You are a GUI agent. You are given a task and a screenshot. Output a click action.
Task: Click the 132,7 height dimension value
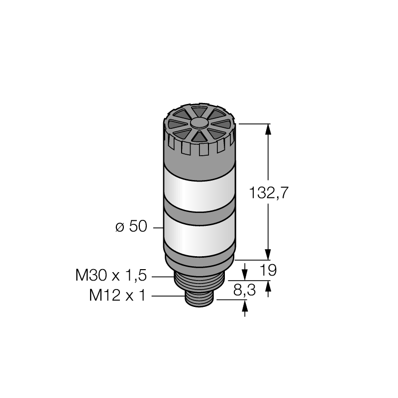(269, 193)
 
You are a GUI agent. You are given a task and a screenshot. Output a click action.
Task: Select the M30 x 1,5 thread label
(111, 276)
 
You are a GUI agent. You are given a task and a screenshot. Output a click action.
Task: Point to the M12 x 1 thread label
(117, 295)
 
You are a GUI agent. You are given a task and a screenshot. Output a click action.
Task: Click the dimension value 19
(268, 270)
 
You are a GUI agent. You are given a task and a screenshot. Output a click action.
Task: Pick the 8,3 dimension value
(244, 290)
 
